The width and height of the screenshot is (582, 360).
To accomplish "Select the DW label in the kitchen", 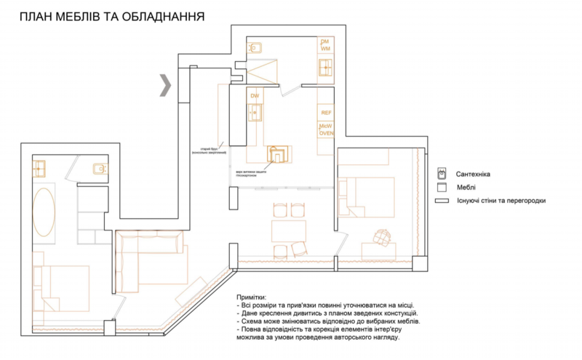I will pos(255,96).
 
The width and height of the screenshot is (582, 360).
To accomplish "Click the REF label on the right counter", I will pos(326,113).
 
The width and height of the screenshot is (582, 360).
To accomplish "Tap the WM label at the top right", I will pos(326,48).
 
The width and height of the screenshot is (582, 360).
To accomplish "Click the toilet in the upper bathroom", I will pos(256,48).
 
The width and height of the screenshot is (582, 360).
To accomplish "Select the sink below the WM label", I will pos(325,68).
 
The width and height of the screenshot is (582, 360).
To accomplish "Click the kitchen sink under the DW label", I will pos(255,113).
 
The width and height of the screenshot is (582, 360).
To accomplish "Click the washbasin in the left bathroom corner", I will pos(39,169).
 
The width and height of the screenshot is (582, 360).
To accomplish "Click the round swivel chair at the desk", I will pos(380,236).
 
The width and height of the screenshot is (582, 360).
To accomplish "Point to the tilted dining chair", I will pos(298,249).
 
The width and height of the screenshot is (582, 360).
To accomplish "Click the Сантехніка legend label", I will pos(477,175).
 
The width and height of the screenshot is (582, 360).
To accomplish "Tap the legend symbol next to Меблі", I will pos(441,188).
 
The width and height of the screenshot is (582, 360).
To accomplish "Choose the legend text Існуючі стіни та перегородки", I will pos(501,201).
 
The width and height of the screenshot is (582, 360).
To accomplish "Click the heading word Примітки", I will pos(252,298).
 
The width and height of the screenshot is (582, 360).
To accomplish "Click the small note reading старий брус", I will pos(210,148).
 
